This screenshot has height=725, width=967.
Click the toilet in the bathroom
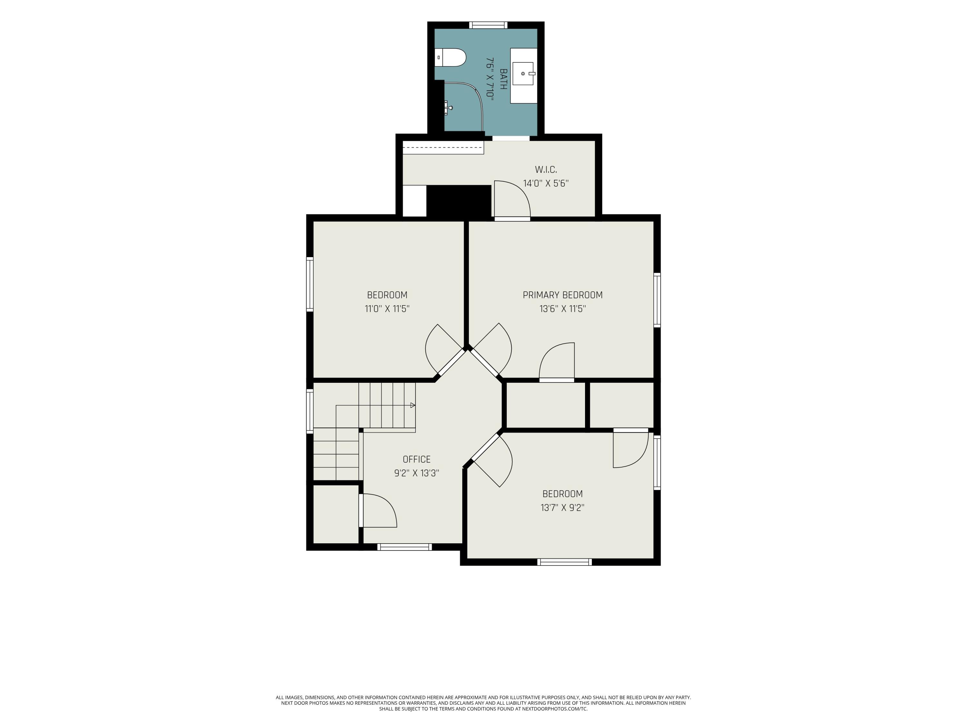click(x=450, y=57)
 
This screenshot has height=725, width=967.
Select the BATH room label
click(x=503, y=79)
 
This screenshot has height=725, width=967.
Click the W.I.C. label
click(x=546, y=169)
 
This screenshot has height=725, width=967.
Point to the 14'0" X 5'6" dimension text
click(x=546, y=184)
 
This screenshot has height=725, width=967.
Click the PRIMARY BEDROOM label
click(x=562, y=295)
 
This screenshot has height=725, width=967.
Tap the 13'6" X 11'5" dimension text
click(x=562, y=309)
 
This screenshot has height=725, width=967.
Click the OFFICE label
click(x=416, y=459)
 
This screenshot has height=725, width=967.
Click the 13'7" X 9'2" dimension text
click(x=562, y=508)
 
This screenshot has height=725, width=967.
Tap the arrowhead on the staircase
click(x=413, y=405)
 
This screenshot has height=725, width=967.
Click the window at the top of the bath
click(x=488, y=25)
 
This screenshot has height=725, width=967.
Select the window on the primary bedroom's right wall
click(x=657, y=300)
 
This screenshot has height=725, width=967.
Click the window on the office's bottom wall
click(x=405, y=547)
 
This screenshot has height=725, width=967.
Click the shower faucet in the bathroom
click(x=448, y=107)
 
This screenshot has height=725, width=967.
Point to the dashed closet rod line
click(x=443, y=147)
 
